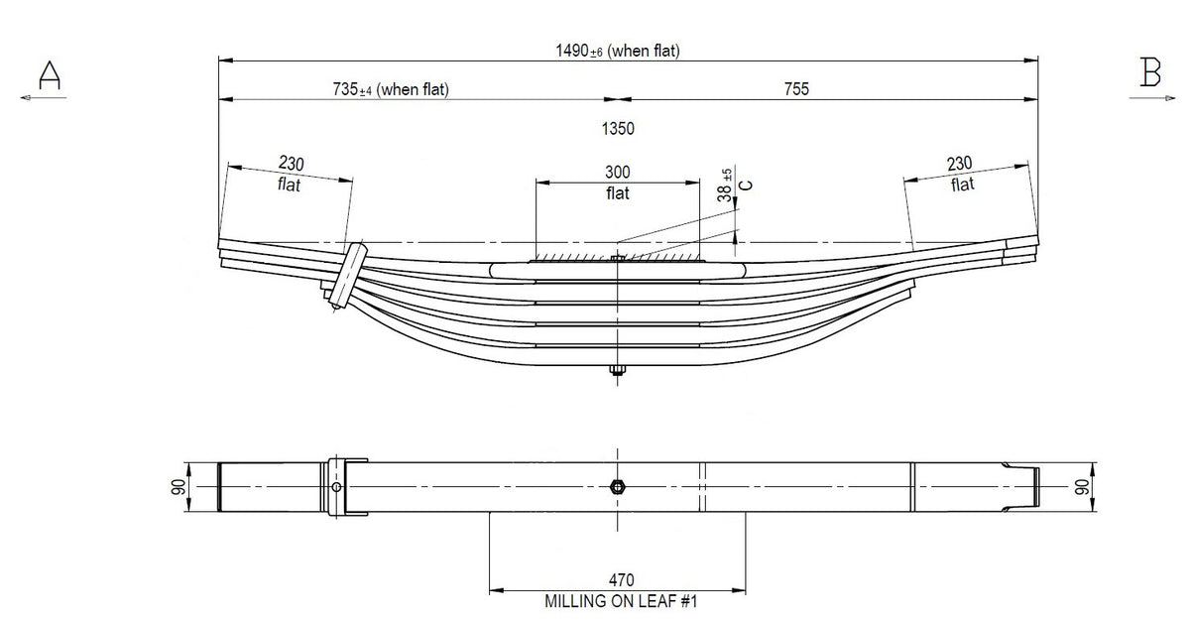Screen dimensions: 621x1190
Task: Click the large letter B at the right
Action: pos(1150,73)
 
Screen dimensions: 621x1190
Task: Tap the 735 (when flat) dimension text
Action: pos(391,89)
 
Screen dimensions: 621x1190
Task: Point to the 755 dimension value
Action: pos(795,89)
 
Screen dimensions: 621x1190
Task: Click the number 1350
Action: pos(617,128)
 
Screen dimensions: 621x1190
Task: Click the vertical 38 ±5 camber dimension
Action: pos(726,186)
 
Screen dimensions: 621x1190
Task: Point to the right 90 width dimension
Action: pos(1082,486)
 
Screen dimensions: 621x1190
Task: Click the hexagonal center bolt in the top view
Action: pos(617,486)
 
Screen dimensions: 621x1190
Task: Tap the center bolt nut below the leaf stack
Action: pos(617,371)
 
